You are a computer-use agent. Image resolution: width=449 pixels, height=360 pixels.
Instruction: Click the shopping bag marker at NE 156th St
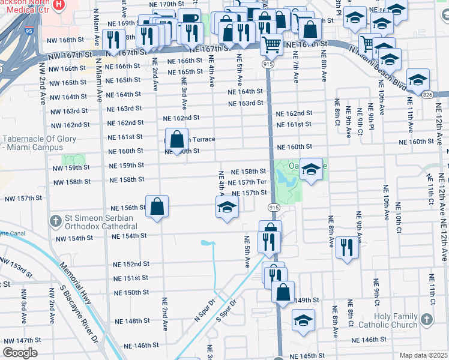point(157,208)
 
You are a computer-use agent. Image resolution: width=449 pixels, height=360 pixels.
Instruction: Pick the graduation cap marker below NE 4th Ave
point(227,208)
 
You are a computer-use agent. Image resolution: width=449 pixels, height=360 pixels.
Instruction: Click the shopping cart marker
point(272,44)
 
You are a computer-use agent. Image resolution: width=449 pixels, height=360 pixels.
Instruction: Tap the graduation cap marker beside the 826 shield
point(417,79)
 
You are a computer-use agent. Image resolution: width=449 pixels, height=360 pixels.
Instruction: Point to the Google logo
point(20,352)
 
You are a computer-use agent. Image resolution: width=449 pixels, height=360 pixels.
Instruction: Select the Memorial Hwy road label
point(74,282)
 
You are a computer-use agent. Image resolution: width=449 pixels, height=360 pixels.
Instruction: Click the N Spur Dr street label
point(204,311)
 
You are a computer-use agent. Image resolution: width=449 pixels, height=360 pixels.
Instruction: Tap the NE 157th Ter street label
point(247,182)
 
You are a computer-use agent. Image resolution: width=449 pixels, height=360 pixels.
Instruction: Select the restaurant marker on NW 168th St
point(112,40)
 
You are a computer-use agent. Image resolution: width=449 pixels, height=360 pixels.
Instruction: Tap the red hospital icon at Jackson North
point(58,5)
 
